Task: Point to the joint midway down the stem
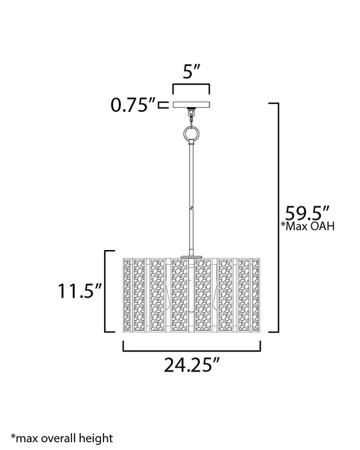pos(191,207)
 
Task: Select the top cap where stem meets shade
pos(191,256)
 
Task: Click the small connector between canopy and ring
pos(191,116)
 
